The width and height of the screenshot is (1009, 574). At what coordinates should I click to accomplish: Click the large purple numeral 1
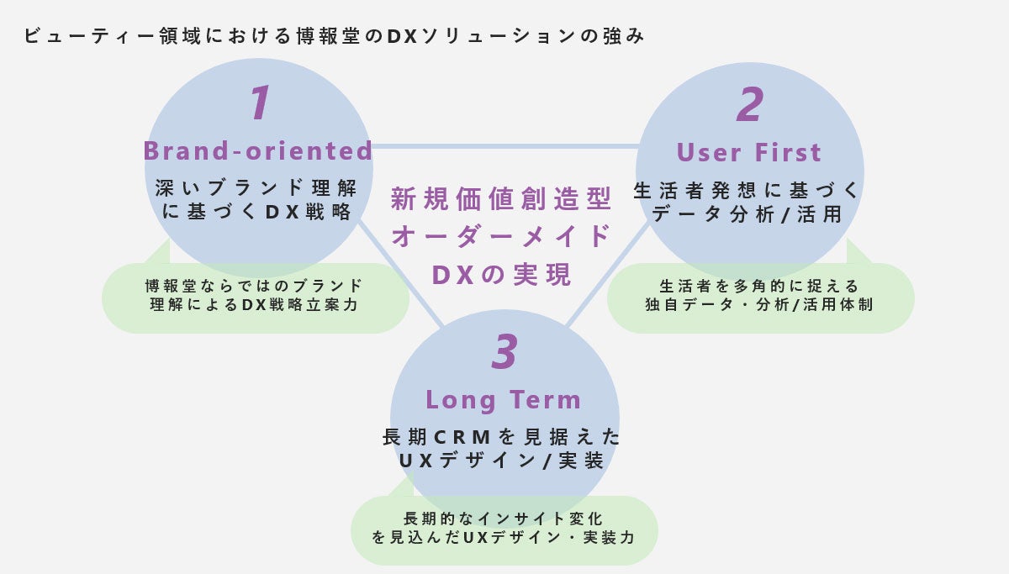point(260,103)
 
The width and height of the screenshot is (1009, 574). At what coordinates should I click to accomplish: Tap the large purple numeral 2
point(749,105)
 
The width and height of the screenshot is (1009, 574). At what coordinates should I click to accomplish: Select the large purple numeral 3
point(504,352)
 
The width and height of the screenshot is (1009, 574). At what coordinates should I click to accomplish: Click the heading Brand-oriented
point(258,151)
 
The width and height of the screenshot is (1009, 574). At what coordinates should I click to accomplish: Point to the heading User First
point(749,153)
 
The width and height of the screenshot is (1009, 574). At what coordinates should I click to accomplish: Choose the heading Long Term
point(504,399)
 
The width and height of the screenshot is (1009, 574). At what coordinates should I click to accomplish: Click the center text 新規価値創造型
point(502,200)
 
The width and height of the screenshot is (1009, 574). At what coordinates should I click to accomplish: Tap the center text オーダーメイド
point(502,236)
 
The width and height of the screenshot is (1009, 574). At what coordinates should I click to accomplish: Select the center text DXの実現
point(502,274)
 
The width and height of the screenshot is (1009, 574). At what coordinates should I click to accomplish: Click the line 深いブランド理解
point(256,187)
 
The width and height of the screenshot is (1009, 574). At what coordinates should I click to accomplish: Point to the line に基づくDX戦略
point(256,212)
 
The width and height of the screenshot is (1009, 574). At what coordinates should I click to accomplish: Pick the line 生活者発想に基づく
point(748,191)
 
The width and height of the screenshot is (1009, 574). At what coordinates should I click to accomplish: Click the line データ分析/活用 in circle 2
point(748,214)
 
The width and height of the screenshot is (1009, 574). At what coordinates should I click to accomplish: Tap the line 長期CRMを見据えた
point(502,437)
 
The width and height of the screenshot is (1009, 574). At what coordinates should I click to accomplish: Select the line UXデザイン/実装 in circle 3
point(502,461)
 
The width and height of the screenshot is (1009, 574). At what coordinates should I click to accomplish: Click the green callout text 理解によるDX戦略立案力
point(255,305)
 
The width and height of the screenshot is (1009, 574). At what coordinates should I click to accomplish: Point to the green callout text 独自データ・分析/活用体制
point(759,305)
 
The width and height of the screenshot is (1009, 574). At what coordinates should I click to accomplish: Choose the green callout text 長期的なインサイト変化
point(504,519)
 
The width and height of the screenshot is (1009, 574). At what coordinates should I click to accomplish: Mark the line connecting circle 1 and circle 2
point(504,146)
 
